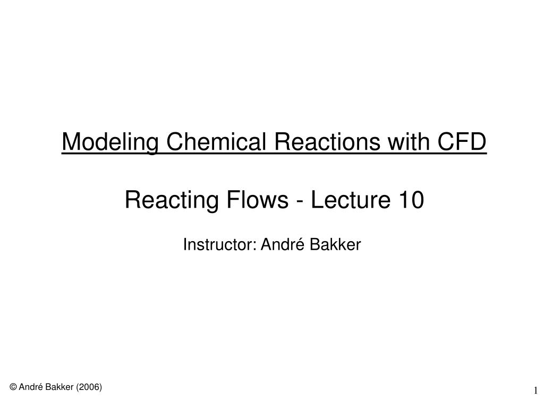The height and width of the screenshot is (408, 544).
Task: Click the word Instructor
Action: coord(218,245)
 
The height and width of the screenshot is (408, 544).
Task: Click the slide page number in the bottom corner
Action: coord(536,392)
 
